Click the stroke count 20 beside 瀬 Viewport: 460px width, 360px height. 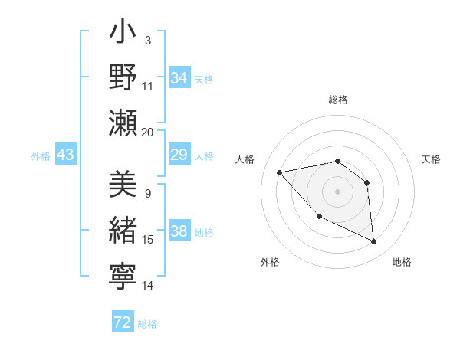(148, 132)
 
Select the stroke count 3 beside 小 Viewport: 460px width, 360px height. (148, 40)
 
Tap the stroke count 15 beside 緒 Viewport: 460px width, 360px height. (148, 240)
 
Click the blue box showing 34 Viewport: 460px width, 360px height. (179, 78)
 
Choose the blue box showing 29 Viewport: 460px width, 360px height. (179, 155)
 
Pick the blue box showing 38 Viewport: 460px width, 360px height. (179, 231)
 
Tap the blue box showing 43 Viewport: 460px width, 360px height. (65, 155)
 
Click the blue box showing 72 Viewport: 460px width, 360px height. (123, 322)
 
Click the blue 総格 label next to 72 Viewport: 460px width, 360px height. (147, 324)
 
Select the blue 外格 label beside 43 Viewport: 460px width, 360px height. (41, 156)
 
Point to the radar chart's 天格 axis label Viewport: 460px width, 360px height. (432, 159)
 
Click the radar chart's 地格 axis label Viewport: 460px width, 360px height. (402, 262)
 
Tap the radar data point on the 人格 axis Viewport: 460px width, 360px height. (280, 172)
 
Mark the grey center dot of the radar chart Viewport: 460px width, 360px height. (337, 191)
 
